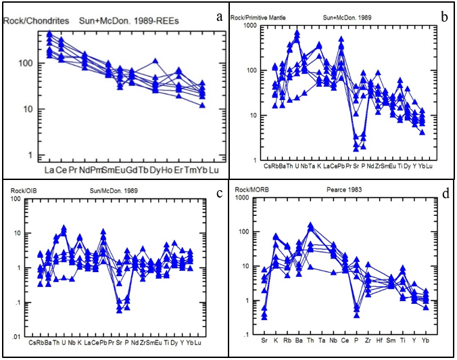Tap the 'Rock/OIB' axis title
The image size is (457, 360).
click(x=23, y=192)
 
